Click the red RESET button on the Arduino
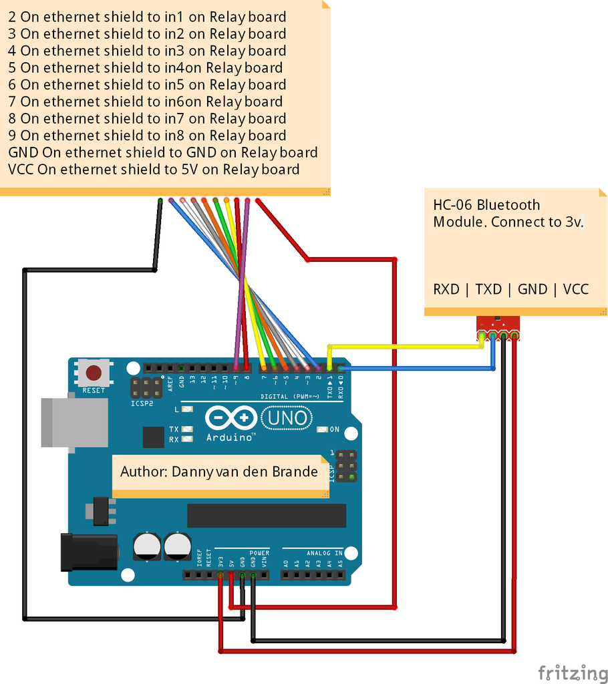pyautogui.click(x=94, y=373)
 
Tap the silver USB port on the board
pyautogui.click(x=74, y=422)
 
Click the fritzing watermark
pyautogui.click(x=573, y=671)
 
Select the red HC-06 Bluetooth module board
pyautogui.click(x=498, y=326)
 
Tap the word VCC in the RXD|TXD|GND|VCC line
pyautogui.click(x=575, y=289)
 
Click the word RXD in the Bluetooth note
pyautogui.click(x=446, y=289)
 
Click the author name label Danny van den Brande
pyautogui.click(x=218, y=472)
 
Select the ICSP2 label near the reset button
pyautogui.click(x=142, y=403)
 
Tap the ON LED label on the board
pyautogui.click(x=334, y=430)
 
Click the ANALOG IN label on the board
pyautogui.click(x=324, y=553)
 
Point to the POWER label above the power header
pyautogui.click(x=259, y=553)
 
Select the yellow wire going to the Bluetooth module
pyautogui.click(x=401, y=346)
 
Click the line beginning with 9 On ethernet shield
pyautogui.click(x=147, y=136)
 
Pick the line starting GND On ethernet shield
pyautogui.click(x=162, y=152)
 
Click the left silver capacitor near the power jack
pyautogui.click(x=146, y=545)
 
